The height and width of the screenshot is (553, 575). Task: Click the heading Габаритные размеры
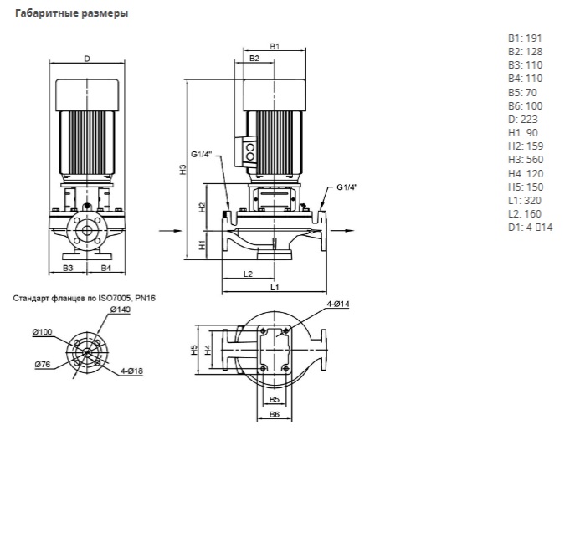(71, 13)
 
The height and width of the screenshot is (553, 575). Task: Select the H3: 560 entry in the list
(526, 160)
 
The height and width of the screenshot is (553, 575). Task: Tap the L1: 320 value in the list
(525, 201)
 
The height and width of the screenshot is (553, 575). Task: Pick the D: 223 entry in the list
(523, 119)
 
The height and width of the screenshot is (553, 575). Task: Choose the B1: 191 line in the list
(525, 38)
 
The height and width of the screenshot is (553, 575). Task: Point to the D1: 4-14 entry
(531, 228)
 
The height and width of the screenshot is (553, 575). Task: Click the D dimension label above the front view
(87, 59)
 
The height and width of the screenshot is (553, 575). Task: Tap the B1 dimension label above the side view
(275, 46)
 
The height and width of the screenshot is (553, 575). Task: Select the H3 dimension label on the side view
(183, 169)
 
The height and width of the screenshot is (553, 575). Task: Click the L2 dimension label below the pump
(249, 274)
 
